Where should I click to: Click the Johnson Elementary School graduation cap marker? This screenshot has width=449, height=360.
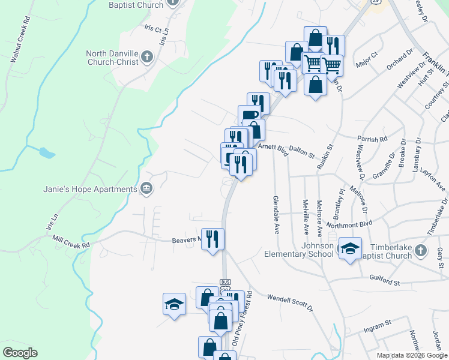[x=349, y=248]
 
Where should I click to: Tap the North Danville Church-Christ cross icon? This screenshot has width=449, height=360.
[x=146, y=58]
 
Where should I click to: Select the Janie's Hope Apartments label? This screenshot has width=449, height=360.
[x=90, y=190]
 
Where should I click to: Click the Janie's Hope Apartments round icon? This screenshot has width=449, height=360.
[x=146, y=190]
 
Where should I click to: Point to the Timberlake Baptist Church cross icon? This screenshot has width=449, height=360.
[x=421, y=250]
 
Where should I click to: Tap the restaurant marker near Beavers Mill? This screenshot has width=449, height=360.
[x=212, y=239]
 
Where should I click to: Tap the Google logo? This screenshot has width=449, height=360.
[x=20, y=353]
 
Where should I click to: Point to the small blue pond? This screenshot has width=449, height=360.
[x=46, y=152]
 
